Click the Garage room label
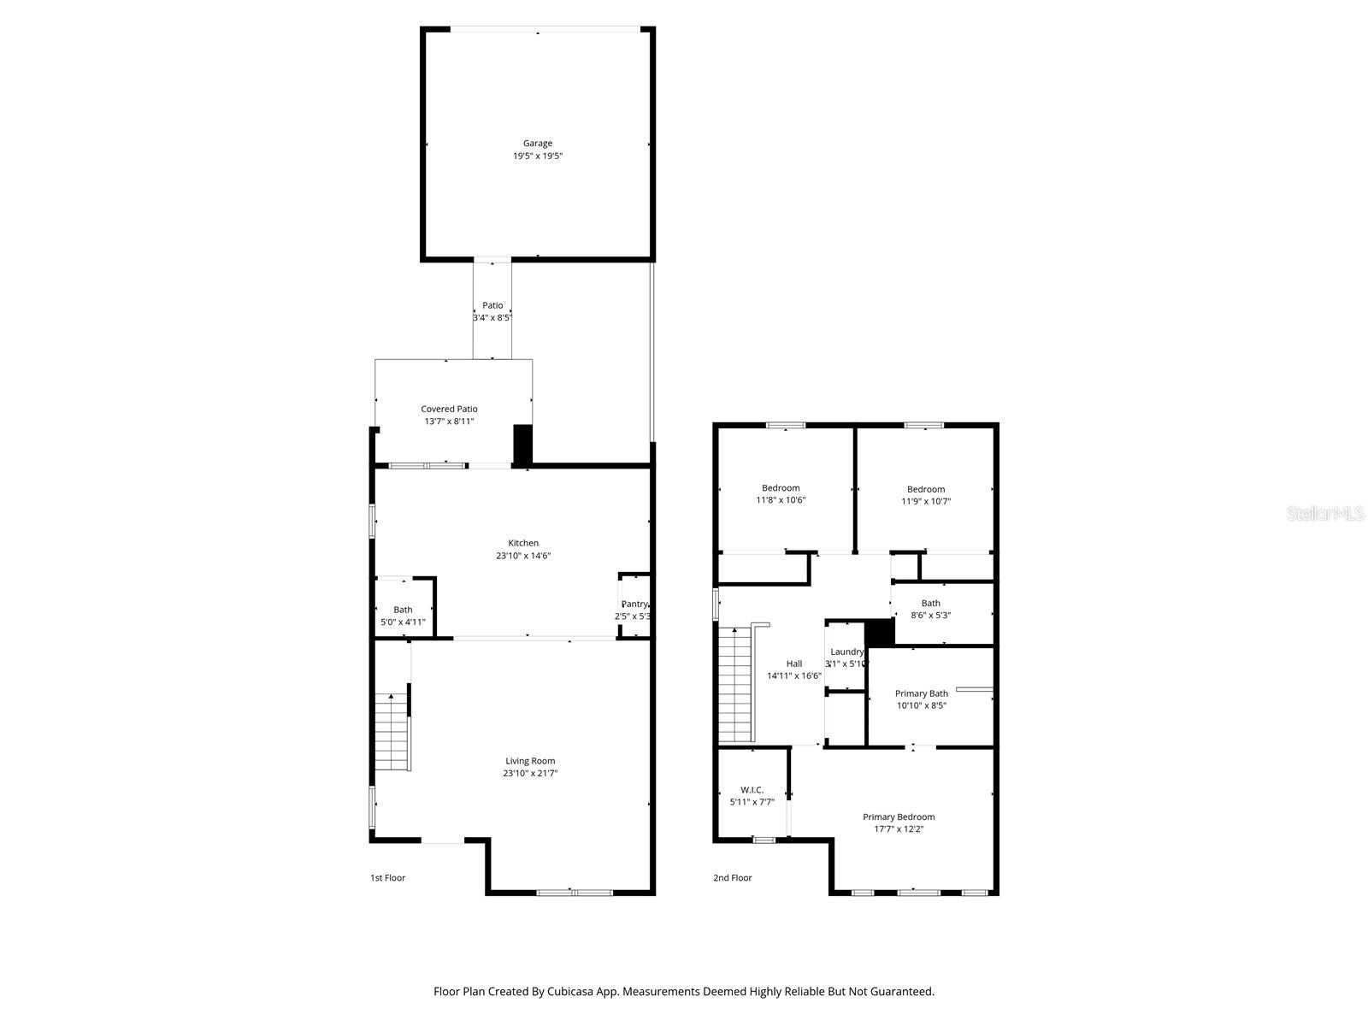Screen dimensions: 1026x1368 point(538,144)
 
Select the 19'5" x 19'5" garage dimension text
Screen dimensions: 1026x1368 point(538,156)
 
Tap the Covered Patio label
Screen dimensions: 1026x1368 point(449,410)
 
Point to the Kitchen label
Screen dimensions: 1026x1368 point(523,543)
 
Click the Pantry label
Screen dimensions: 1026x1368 point(634,604)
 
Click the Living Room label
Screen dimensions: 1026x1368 point(530,761)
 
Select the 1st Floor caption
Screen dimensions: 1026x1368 point(387,878)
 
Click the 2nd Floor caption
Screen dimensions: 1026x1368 point(733,878)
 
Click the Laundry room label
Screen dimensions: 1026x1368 point(846,652)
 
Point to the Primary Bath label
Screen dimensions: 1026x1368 point(921,693)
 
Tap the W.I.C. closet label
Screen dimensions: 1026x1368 point(752,790)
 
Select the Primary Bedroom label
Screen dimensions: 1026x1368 point(899,817)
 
